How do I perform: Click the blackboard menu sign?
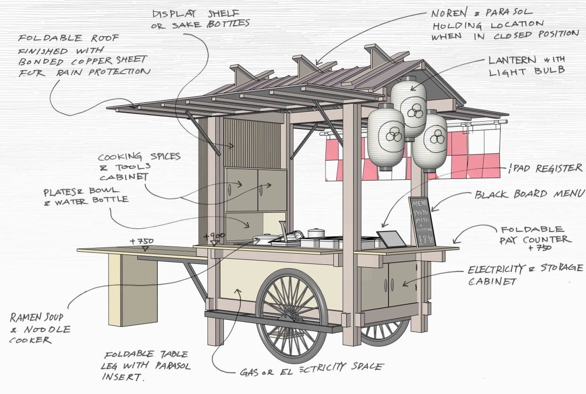[421, 222]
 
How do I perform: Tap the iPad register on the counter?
[391, 239]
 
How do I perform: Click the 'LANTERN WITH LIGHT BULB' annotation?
[526, 66]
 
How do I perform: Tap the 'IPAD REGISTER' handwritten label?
[546, 169]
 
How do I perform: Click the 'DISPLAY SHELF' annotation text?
[200, 18]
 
